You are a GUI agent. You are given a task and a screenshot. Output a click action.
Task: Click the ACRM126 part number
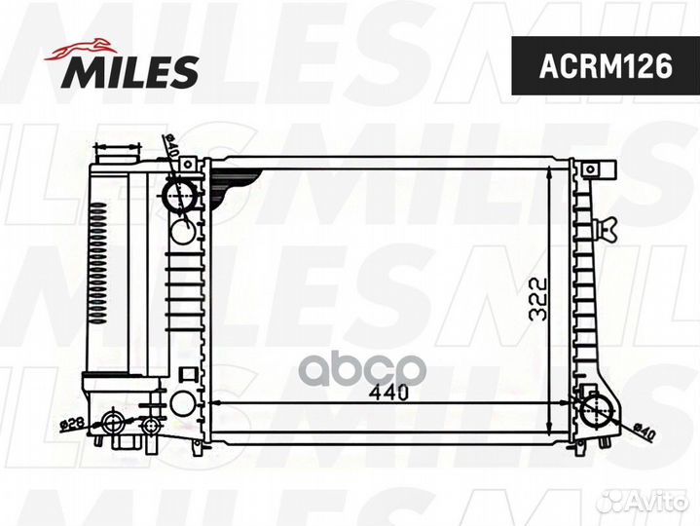(606, 66)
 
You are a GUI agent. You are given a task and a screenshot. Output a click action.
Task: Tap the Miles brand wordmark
(129, 71)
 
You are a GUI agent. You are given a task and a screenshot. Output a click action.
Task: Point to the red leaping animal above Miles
(81, 50)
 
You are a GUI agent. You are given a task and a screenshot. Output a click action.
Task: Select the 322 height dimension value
(537, 300)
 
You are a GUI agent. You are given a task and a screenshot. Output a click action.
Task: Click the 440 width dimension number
(389, 393)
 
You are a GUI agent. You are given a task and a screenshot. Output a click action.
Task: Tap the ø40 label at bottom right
(645, 432)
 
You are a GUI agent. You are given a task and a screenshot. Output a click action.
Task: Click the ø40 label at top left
(171, 146)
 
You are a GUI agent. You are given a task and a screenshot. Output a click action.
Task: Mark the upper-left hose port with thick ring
(180, 195)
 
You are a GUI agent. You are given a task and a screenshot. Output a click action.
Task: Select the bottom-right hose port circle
(598, 411)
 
